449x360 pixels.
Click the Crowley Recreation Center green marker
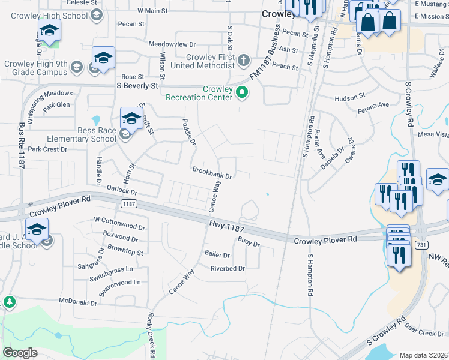(x=242, y=92)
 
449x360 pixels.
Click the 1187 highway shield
(x=129, y=204)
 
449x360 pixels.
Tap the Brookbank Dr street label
(x=212, y=173)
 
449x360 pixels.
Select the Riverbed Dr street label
(x=228, y=268)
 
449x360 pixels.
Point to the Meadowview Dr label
(x=172, y=44)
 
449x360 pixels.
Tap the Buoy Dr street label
(x=249, y=244)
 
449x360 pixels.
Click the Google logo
(x=20, y=353)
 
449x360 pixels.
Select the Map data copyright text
(x=423, y=355)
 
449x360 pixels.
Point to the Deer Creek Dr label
(x=424, y=332)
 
